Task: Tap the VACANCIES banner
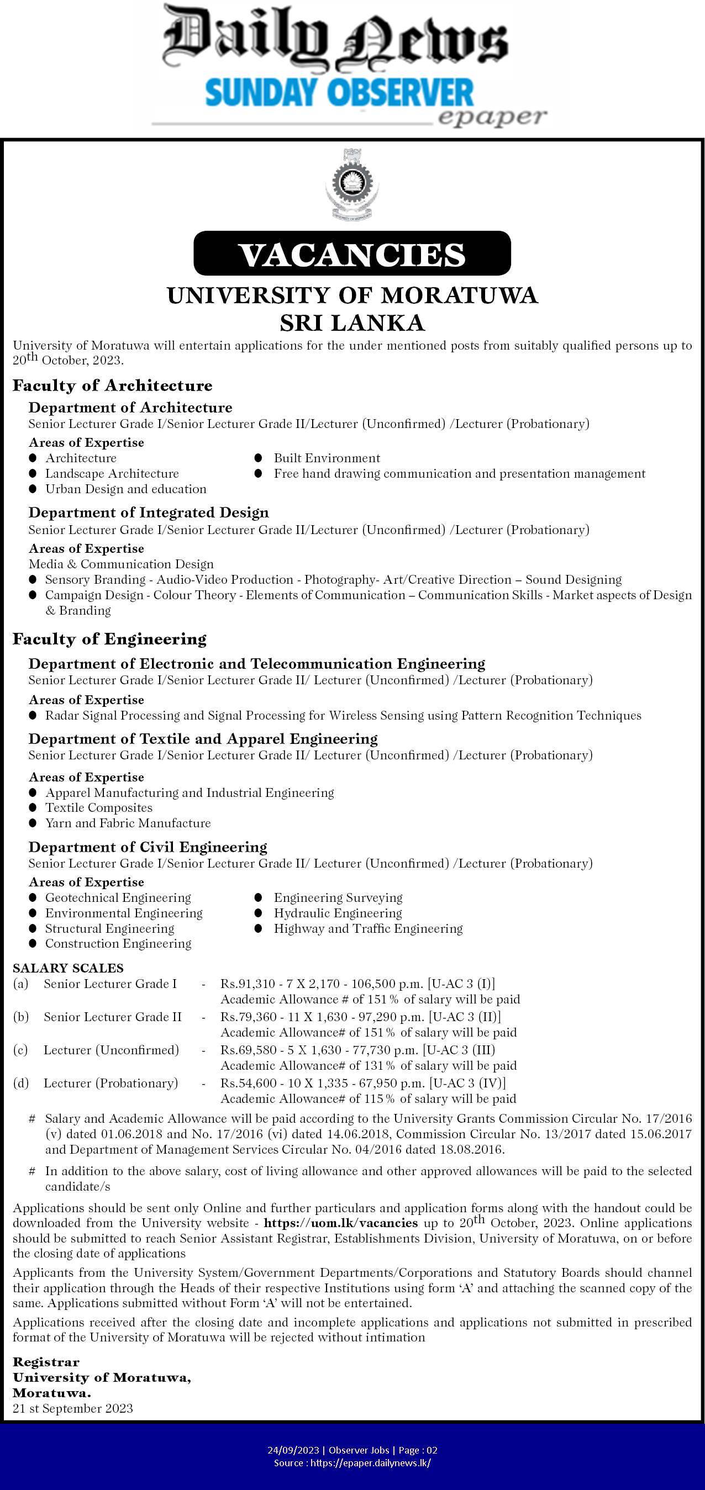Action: pyautogui.click(x=352, y=254)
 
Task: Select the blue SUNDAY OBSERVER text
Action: pyautogui.click(x=339, y=94)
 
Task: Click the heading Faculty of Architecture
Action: pyautogui.click(x=112, y=385)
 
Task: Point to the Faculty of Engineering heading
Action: pyautogui.click(x=109, y=638)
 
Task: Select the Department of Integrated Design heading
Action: pyautogui.click(x=149, y=512)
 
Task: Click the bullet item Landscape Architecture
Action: pyautogui.click(x=112, y=474)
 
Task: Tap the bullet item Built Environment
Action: pyautogui.click(x=327, y=458)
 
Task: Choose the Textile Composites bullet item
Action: pyautogui.click(x=99, y=807)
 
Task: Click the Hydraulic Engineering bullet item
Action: pyautogui.click(x=338, y=913)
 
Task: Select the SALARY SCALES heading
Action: pyautogui.click(x=69, y=968)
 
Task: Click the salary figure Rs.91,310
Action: pyautogui.click(x=243, y=984)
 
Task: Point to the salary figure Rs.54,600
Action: pyautogui.click(x=243, y=1083)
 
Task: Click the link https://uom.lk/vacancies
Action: pyautogui.click(x=340, y=1223)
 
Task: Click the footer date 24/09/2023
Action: pyautogui.click(x=294, y=1450)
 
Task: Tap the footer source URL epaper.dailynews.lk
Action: pyautogui.click(x=370, y=1463)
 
